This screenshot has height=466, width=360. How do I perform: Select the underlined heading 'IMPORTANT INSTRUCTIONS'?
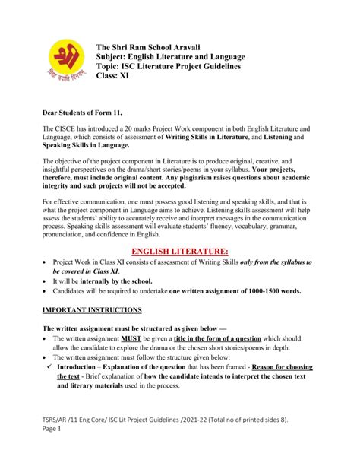pos(92,331)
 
